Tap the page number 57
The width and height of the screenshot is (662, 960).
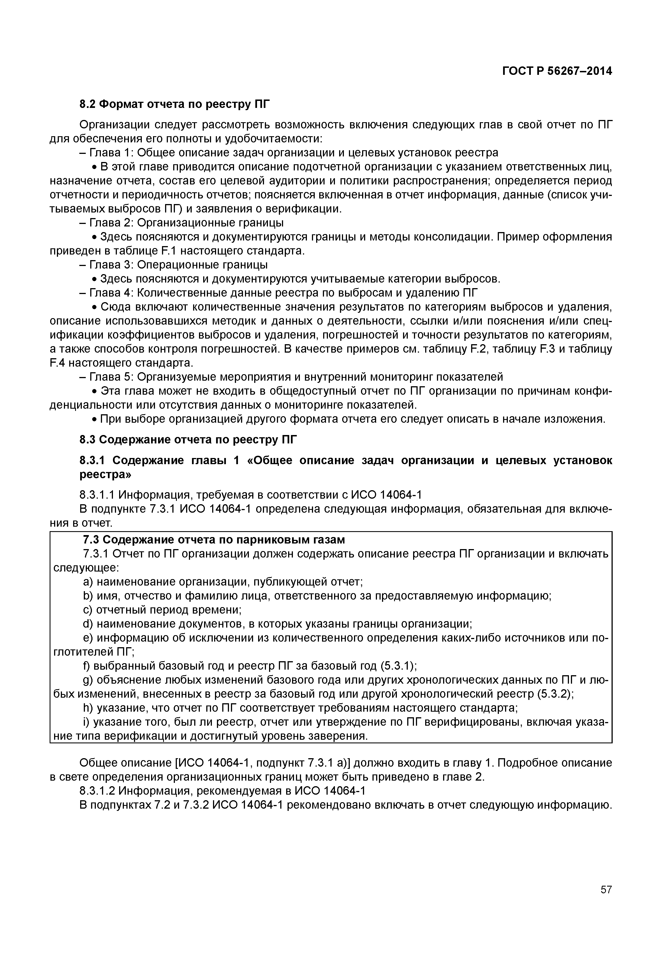[x=606, y=901]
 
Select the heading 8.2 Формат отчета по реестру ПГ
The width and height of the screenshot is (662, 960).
[x=174, y=104]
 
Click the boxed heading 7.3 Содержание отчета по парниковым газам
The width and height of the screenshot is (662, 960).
[x=214, y=540]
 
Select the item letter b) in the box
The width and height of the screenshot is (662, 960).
[x=87, y=596]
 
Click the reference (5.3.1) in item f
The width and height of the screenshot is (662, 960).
[x=398, y=666]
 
